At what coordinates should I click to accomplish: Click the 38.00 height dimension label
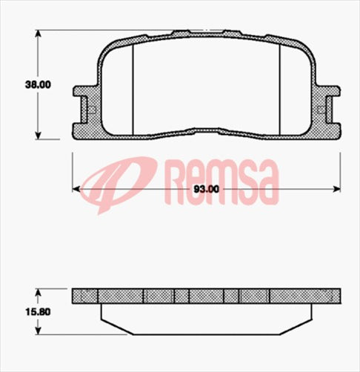tap(37, 84)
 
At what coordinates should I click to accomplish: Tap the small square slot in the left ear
tap(92, 110)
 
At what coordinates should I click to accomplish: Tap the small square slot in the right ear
tap(319, 110)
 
